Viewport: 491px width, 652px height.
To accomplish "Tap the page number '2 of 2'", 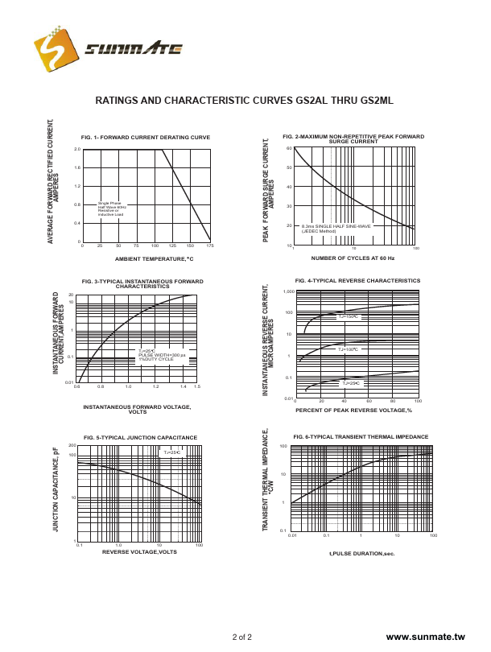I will coord(242,637).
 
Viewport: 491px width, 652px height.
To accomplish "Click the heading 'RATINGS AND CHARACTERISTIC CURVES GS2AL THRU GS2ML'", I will coord(245,101).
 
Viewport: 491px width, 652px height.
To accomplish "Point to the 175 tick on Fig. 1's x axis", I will coord(209,246).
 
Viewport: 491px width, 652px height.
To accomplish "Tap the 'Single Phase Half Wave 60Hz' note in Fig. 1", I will coord(111,206).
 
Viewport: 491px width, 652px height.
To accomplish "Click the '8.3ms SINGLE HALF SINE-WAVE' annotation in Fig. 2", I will coord(336,227).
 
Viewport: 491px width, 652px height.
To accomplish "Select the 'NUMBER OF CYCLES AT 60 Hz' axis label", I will coord(353,258).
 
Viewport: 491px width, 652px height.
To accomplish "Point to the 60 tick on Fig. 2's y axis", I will coord(289,149).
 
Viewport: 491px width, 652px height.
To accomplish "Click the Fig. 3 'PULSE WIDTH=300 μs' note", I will coord(161,354).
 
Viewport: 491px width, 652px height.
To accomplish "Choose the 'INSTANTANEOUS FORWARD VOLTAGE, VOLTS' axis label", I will coord(137,409).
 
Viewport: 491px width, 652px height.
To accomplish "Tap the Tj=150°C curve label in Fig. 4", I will coord(348,316).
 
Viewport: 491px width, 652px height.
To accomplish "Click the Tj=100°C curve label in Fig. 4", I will coord(348,349).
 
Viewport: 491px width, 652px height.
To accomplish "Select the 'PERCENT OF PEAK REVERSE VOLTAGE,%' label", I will coord(353,411).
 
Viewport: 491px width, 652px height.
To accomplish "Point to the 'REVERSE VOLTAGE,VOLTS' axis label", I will coord(139,551).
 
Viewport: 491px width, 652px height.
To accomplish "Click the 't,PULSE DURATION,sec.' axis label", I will coord(362,553).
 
